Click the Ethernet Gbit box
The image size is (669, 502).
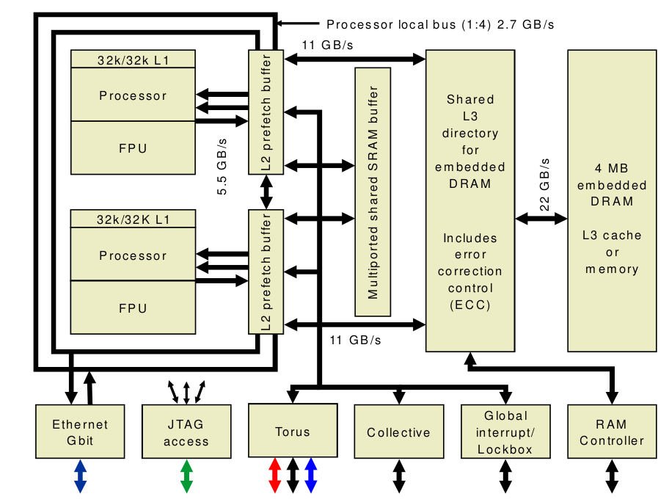[x=80, y=432]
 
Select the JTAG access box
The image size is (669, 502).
[x=186, y=432]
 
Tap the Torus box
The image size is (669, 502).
[x=292, y=432]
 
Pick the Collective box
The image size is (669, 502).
[x=398, y=432]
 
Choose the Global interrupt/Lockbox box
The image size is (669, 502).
[x=505, y=432]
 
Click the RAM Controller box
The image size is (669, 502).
[x=611, y=432]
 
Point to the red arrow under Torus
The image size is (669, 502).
[x=274, y=476]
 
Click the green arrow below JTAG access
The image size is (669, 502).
[x=186, y=476]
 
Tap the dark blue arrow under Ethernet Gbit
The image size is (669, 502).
[x=80, y=476]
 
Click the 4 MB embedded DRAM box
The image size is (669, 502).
[x=613, y=200]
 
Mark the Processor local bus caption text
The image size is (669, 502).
[x=440, y=24]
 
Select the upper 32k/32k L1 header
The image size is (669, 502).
[x=133, y=59]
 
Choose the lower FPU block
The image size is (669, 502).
[x=133, y=308]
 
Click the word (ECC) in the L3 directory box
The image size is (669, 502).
[x=470, y=305]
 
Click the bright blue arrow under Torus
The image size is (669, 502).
[x=310, y=476]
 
